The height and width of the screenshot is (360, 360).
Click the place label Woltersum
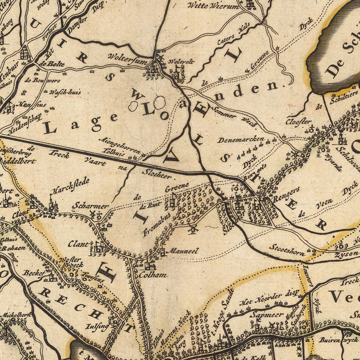tap(125, 56)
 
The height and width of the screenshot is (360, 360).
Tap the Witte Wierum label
tap(213, 6)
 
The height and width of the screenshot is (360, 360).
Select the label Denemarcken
tap(241, 140)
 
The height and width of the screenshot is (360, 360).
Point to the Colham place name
tap(153, 275)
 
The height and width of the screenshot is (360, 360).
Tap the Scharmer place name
tap(90, 206)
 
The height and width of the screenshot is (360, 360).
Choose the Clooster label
tap(298, 120)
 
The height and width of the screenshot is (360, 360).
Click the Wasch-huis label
tap(65, 92)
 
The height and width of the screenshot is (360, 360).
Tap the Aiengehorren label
tap(122, 146)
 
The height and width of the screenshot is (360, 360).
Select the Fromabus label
tap(157, 224)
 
